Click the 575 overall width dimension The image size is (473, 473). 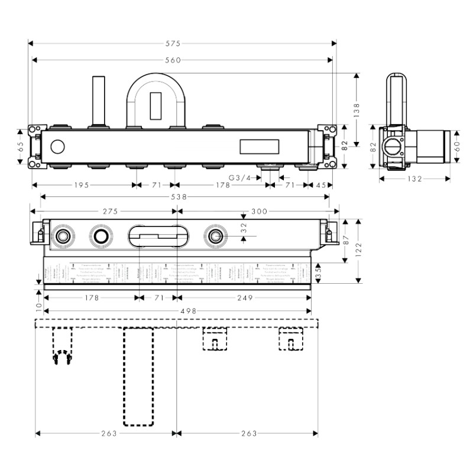click(173, 43)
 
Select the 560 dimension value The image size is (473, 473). click(173, 60)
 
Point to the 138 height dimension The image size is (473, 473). click(356, 110)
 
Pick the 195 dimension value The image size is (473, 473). click(82, 185)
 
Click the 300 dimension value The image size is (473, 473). click(258, 211)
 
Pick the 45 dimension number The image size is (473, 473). click(321, 185)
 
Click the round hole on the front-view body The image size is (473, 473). click(58, 146)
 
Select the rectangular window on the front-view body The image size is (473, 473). click(258, 146)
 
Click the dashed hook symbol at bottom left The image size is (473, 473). click(62, 358)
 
